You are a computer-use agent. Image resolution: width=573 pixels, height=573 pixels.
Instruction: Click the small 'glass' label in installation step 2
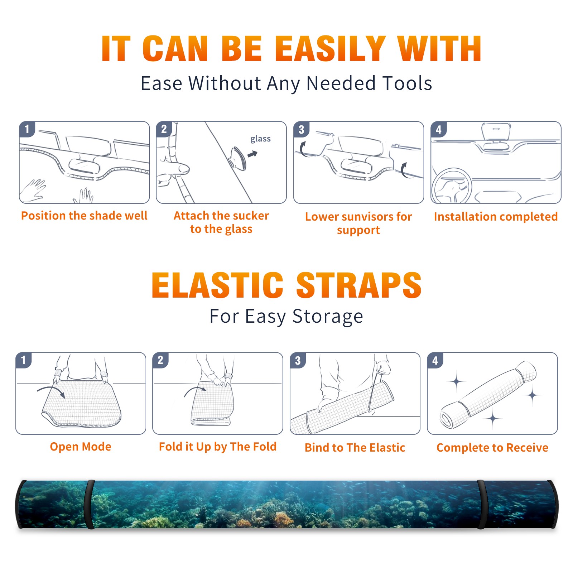(x=260, y=139)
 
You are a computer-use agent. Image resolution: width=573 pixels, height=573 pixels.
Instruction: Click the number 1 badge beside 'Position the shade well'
(x=27, y=129)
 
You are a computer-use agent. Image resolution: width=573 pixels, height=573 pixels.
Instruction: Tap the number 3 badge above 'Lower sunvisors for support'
(x=301, y=129)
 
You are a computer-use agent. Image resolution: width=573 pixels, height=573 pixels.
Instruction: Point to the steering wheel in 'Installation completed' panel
(x=452, y=186)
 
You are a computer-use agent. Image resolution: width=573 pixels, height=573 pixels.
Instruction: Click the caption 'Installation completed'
(x=496, y=216)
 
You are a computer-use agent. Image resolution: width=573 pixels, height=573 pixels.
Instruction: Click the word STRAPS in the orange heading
(x=359, y=285)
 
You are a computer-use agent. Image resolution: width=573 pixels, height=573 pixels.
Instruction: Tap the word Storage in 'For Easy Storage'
(x=328, y=317)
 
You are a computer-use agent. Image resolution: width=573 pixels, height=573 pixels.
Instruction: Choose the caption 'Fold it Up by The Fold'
(x=218, y=447)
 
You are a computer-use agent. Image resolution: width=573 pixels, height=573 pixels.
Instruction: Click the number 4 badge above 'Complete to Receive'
(x=435, y=360)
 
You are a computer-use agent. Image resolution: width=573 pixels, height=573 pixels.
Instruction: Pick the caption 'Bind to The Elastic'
(x=355, y=447)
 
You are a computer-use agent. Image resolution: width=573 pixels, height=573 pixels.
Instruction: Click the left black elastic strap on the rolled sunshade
(x=89, y=505)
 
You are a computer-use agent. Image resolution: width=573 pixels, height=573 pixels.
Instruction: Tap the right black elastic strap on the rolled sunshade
(x=481, y=505)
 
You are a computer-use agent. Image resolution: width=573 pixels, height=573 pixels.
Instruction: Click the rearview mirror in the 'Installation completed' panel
(x=496, y=132)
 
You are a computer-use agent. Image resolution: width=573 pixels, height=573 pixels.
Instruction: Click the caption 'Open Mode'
(x=81, y=447)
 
